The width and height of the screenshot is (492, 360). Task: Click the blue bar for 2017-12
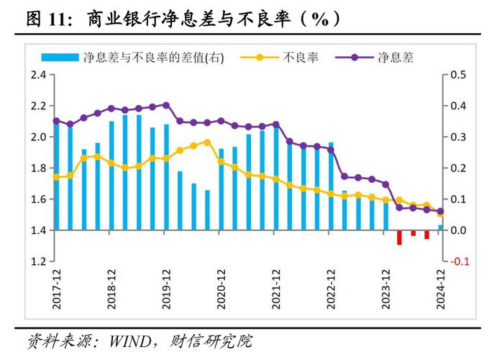(57, 180)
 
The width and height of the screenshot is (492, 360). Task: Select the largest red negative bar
(399, 238)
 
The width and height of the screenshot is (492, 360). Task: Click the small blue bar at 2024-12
(441, 228)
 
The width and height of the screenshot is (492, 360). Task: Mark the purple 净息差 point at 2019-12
(166, 105)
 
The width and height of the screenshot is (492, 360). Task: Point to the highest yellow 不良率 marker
(207, 142)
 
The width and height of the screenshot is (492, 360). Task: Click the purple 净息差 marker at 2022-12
(331, 150)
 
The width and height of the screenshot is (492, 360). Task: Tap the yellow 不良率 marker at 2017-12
(57, 176)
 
